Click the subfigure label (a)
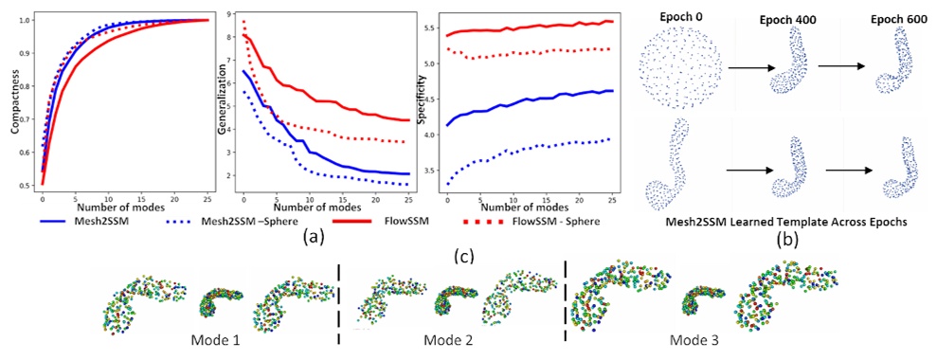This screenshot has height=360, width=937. point(310,239)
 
